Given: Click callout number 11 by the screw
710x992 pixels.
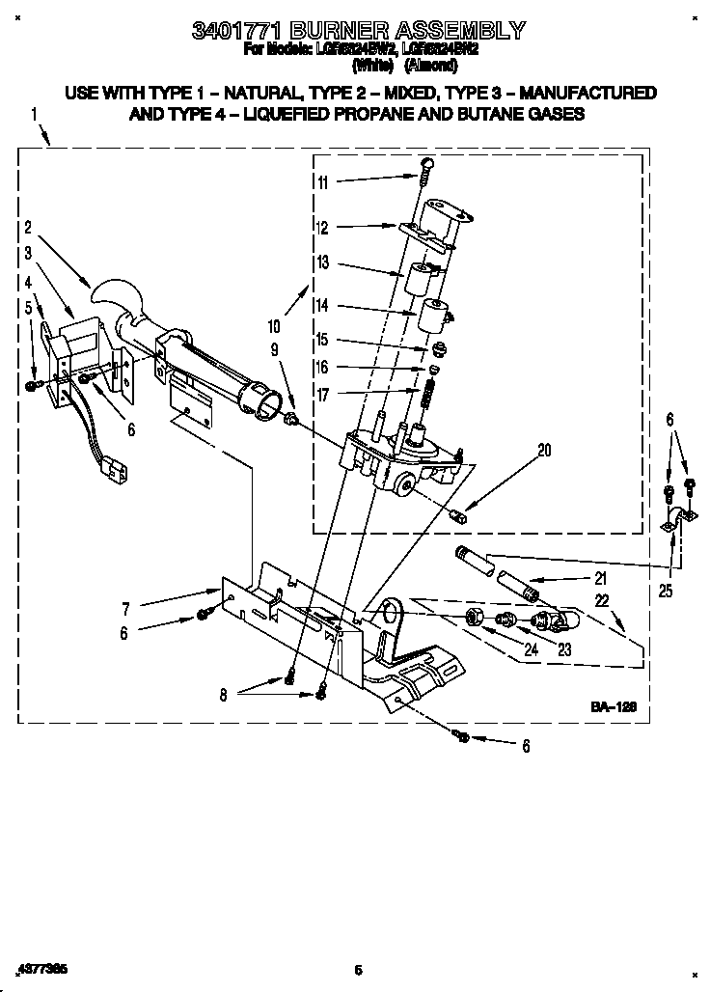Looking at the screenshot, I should click(322, 181).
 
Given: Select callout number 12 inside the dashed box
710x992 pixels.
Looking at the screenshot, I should click(322, 229).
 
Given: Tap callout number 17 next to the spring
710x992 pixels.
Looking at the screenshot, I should click(322, 394).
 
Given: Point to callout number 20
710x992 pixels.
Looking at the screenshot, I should click(544, 449).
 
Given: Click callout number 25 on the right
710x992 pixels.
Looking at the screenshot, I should click(666, 591).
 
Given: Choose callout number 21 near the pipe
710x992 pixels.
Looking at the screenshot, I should click(600, 579).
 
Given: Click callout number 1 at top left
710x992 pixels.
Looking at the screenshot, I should click(34, 113).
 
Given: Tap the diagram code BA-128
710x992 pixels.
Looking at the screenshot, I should click(614, 707).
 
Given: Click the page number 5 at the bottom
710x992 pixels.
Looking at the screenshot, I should click(357, 970).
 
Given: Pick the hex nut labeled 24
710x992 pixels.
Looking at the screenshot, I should click(474, 617).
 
